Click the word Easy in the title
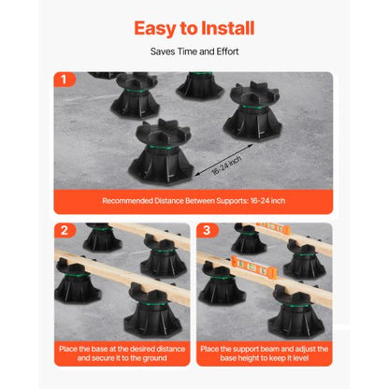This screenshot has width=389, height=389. tap(155, 29)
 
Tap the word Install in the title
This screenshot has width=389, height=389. tap(228, 28)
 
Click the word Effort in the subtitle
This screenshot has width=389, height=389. tap(227, 51)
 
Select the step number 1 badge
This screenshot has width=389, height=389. tap(65, 79)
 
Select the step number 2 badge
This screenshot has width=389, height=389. tap(65, 230)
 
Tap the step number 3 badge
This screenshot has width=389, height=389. tap(207, 230)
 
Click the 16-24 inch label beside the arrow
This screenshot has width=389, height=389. tap(226, 166)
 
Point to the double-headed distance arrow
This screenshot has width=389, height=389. tap(223, 160)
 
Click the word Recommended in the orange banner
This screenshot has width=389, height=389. tap(127, 201)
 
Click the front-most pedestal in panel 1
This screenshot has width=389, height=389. tap(162, 151)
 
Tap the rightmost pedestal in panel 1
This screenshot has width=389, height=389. tap(253, 110)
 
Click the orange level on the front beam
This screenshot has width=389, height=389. tap(254, 266)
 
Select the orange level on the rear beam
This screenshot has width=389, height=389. tap(273, 228)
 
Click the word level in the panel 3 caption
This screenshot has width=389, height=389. tap(300, 358)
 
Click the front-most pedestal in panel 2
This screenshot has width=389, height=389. tap(152, 310)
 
